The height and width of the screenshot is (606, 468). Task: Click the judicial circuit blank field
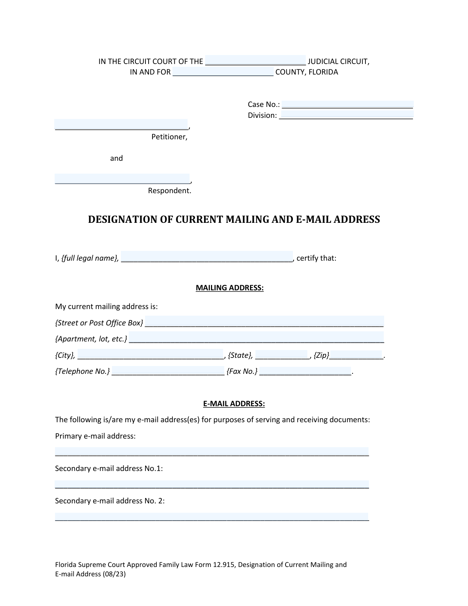pyautogui.click(x=255, y=60)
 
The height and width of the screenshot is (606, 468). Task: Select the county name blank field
pyautogui.click(x=223, y=72)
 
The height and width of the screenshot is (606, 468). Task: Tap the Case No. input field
pyautogui.click(x=347, y=104)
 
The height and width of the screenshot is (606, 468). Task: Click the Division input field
pyautogui.click(x=347, y=115)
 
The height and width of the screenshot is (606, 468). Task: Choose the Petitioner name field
pyautogui.click(x=121, y=124)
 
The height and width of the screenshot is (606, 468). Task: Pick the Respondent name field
pyautogui.click(x=122, y=179)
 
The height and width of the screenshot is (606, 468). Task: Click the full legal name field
pyautogui.click(x=207, y=257)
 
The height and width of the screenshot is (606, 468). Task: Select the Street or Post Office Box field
pyautogui.click(x=264, y=321)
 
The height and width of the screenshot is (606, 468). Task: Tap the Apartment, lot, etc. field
pyautogui.click(x=256, y=338)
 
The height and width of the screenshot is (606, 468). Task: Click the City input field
pyautogui.click(x=150, y=354)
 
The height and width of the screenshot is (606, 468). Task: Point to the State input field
pyautogui.click(x=282, y=354)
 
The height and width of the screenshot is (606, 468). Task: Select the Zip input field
pyautogui.click(x=356, y=354)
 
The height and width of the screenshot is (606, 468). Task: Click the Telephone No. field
pyautogui.click(x=168, y=370)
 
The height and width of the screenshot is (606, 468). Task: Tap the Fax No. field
pyautogui.click(x=305, y=370)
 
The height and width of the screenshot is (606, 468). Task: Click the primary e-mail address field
pyautogui.click(x=212, y=451)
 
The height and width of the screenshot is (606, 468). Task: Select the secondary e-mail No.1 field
pyautogui.click(x=212, y=484)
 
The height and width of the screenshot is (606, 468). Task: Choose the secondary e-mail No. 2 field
pyautogui.click(x=212, y=517)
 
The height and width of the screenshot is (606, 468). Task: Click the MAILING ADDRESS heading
pyautogui.click(x=230, y=288)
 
